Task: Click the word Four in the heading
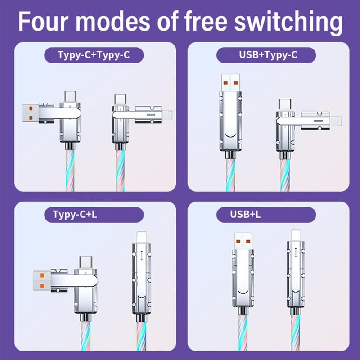(x=43, y=21)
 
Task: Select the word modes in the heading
(x=112, y=21)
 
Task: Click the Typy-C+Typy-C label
(x=94, y=55)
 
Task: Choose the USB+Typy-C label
(x=268, y=55)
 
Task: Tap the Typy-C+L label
(x=75, y=215)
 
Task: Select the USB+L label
(x=245, y=215)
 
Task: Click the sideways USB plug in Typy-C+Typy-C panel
(x=31, y=113)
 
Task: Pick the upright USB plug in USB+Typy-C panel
(x=231, y=83)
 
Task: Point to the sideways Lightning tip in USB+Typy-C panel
(x=336, y=121)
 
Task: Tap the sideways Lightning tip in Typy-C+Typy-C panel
(x=167, y=115)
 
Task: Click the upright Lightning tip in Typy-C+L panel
(x=141, y=237)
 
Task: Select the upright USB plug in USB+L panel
(x=243, y=241)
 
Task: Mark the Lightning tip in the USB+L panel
(x=296, y=235)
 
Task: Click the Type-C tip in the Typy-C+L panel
(x=86, y=262)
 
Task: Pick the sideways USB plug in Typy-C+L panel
(x=42, y=280)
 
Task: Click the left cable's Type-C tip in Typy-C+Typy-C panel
(x=70, y=97)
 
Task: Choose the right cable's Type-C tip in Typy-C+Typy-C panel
(x=120, y=100)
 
